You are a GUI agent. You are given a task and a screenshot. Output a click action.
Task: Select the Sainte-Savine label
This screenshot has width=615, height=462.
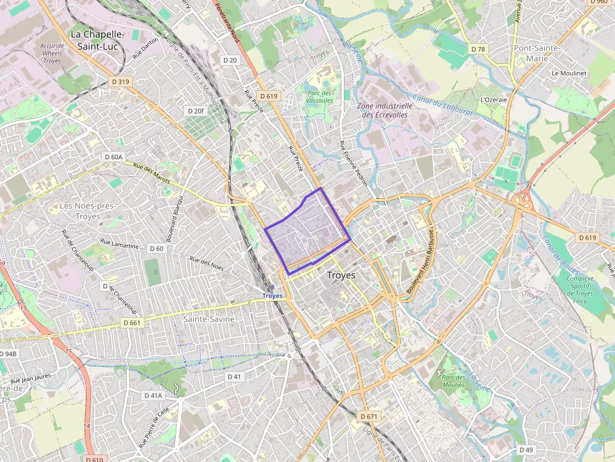pyautogui.click(x=209, y=319)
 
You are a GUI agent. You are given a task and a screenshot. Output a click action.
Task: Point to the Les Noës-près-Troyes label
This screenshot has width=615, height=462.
pyautogui.click(x=80, y=211)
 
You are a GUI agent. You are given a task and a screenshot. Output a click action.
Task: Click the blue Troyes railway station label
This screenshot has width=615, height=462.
pyautogui.click(x=272, y=295)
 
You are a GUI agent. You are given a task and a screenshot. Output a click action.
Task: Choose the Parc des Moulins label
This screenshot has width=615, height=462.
pyautogui.click(x=453, y=381)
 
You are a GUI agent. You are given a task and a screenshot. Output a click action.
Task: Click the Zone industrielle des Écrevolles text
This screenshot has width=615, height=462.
pyautogui.click(x=385, y=110)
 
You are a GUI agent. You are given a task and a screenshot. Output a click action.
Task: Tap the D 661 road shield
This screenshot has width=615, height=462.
pyautogui.click(x=132, y=322)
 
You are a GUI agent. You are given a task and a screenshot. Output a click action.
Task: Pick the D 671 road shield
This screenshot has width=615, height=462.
pyautogui.click(x=370, y=416)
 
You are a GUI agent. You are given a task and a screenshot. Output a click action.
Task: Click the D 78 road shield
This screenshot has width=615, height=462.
pyautogui.click(x=478, y=49)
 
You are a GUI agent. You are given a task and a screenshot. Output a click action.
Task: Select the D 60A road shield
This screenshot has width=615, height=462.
pyautogui.click(x=114, y=157)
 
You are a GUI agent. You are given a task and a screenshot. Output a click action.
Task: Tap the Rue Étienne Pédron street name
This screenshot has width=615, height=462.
pyautogui.click(x=353, y=162)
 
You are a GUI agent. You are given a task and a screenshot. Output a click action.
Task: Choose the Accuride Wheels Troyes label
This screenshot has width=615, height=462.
pyautogui.click(x=52, y=53)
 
